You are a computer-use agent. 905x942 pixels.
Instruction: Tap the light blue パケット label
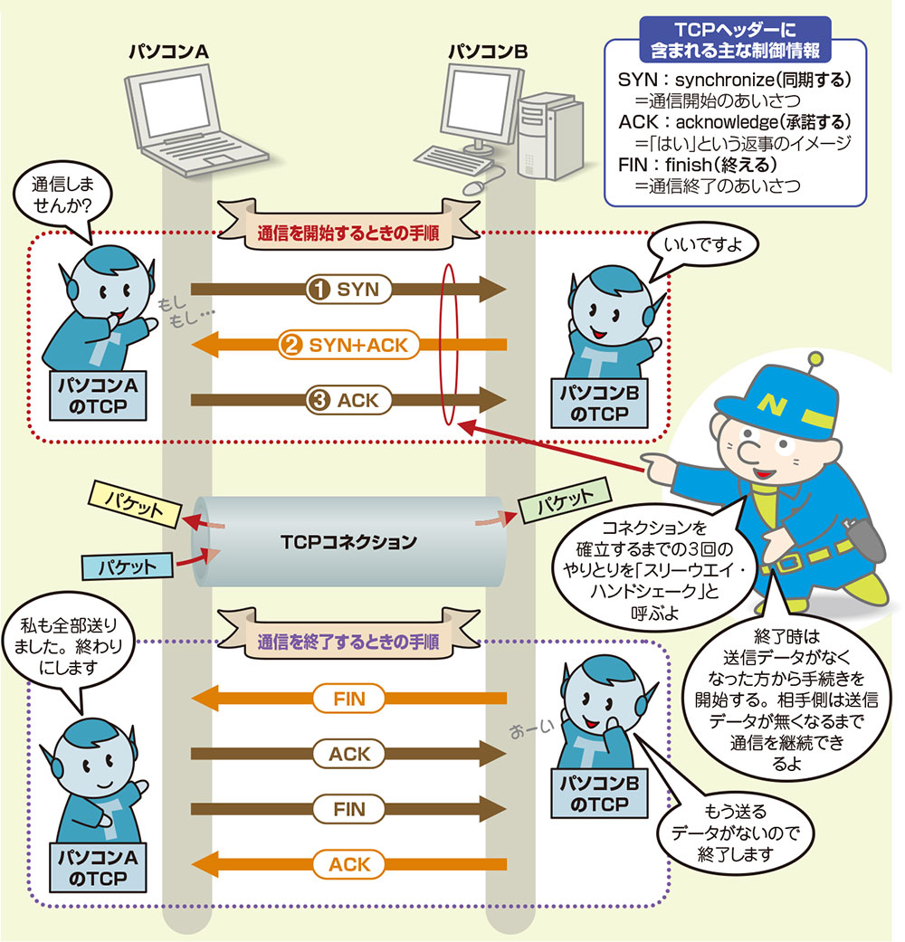[x=127, y=566]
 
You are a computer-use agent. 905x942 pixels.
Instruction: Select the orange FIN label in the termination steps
[x=348, y=698]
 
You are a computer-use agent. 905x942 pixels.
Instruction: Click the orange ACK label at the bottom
[x=348, y=863]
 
